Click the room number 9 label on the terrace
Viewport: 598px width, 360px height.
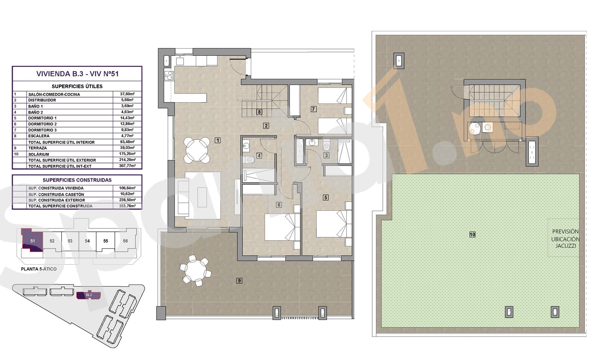(239, 280)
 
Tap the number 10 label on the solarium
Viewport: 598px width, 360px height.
(472, 235)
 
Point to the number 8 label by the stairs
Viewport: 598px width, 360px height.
(259, 112)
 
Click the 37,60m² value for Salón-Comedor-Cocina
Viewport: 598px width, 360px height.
(127, 94)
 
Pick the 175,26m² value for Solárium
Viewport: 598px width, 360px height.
(127, 154)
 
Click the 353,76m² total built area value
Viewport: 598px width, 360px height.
(127, 206)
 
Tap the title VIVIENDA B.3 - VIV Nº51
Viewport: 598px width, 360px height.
(77, 74)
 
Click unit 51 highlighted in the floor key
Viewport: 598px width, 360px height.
(33, 241)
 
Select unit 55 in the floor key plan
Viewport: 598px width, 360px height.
(106, 241)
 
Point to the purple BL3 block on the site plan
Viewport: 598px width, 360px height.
(89, 295)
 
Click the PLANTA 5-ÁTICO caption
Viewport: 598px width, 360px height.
(39, 269)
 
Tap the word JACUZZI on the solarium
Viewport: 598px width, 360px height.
(565, 246)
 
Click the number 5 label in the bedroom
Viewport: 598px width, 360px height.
(326, 197)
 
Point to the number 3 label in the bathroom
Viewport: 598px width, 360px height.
(326, 155)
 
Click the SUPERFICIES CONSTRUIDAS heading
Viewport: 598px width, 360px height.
(77, 180)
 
